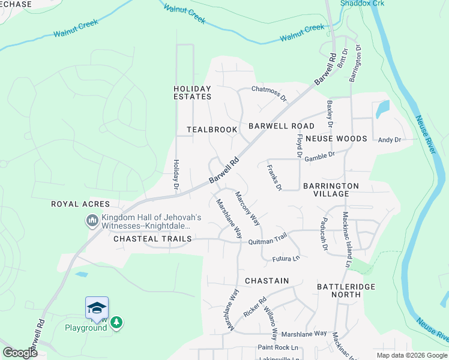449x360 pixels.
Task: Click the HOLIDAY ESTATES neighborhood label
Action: click(x=192, y=92)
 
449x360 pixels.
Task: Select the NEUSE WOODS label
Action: click(x=336, y=139)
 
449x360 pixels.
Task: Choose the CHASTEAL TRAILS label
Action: click(x=152, y=239)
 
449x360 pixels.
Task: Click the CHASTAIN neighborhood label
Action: click(x=267, y=281)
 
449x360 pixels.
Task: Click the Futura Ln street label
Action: click(x=286, y=259)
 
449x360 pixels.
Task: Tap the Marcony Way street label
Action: click(x=247, y=208)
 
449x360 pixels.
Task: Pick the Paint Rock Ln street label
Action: click(x=277, y=347)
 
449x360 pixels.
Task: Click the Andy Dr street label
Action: click(x=389, y=140)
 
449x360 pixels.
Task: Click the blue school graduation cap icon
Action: click(x=97, y=308)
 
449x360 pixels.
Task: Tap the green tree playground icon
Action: click(x=116, y=323)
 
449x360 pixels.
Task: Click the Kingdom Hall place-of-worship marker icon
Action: click(x=92, y=221)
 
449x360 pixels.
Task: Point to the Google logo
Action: click(x=20, y=353)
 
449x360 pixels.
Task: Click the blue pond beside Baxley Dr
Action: click(x=382, y=109)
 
